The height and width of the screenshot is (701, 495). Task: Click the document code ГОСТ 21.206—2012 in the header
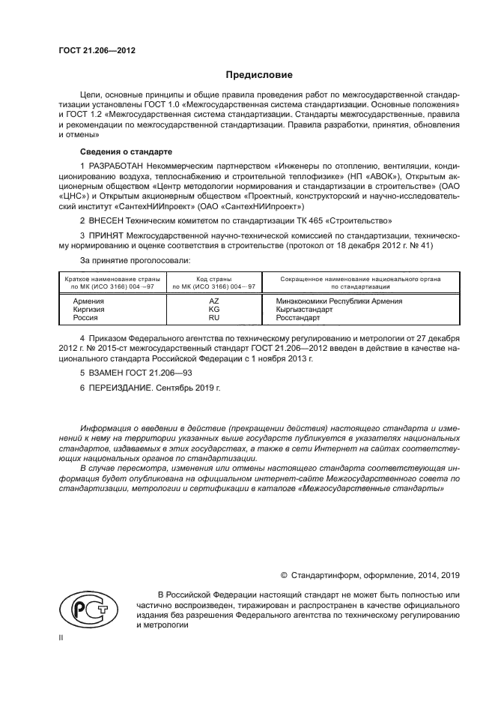pos(92,51)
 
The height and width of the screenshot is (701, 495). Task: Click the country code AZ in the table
pos(213,301)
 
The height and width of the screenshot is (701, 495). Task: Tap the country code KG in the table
pos(213,309)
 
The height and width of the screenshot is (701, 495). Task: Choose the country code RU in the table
pos(213,317)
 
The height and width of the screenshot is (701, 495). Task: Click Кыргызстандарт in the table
pos(298,309)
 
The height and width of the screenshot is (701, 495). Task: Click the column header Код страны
pos(213,278)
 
